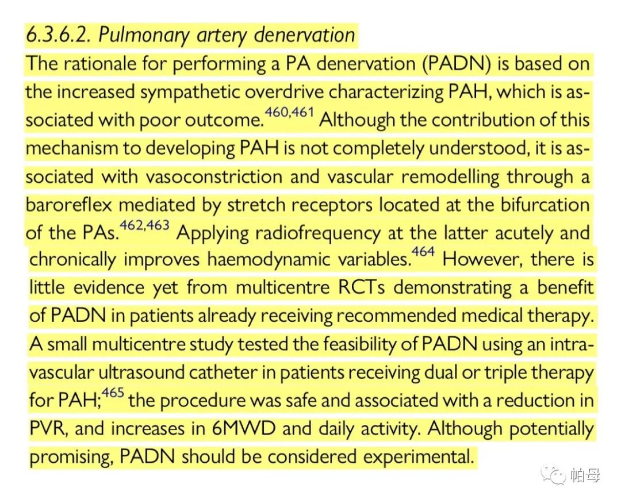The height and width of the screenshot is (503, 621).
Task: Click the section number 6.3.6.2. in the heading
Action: point(59,35)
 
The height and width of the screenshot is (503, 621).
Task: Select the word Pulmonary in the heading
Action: point(143,36)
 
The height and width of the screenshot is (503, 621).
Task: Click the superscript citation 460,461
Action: point(289,112)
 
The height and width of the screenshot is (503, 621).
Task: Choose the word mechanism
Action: point(72,148)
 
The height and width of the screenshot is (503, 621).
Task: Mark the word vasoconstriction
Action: point(214,176)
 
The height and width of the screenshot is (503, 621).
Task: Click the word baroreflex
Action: point(69,205)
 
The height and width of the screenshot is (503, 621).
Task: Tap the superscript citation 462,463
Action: point(144,225)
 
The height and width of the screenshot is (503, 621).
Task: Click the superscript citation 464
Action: point(423,252)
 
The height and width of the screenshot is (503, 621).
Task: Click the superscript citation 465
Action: point(113,393)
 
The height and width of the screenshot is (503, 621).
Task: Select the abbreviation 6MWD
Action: point(244,429)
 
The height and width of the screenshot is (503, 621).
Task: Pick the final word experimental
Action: point(419,458)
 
